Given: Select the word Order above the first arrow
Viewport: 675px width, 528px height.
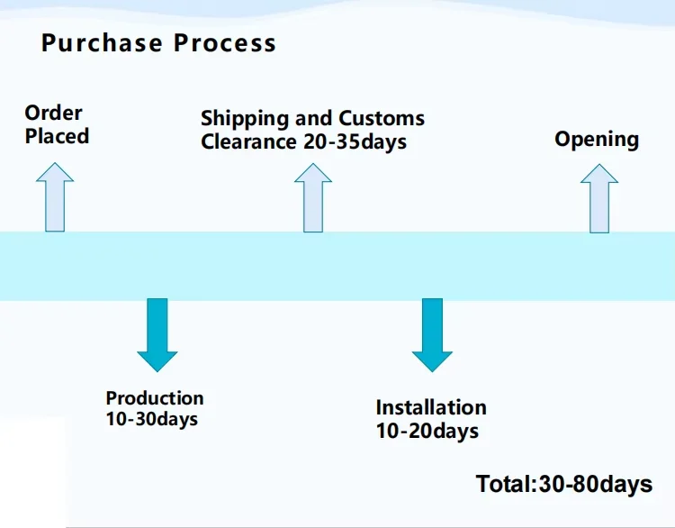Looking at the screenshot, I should point(53,113).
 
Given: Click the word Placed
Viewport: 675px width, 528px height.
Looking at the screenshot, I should point(57,136).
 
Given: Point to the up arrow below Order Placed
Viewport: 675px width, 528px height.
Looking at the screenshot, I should point(55,197).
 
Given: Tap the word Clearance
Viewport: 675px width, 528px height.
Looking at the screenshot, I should point(247,141).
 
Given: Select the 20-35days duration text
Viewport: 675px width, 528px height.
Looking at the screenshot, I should point(354,141).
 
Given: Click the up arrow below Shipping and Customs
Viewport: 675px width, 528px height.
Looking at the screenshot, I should point(313,197).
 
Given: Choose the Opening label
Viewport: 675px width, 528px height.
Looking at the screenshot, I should point(596,139).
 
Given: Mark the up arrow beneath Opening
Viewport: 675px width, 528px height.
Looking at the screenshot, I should point(599,197).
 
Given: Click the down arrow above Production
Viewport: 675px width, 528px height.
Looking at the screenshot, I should point(157,333).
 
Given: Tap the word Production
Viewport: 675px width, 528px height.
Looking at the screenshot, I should point(155,398).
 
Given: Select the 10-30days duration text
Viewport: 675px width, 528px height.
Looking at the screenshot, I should point(151,419).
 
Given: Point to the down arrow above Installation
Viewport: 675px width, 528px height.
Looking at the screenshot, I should point(432,333).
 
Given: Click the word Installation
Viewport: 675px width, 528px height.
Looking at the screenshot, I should point(431,407).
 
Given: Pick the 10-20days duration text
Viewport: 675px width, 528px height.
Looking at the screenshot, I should point(427,431).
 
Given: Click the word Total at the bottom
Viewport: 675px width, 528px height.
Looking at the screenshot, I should point(504,484).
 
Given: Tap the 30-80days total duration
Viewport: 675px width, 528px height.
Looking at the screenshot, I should point(596,484).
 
